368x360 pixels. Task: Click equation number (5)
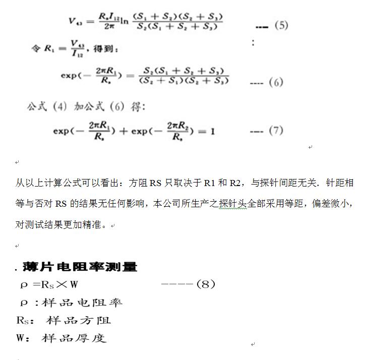[281, 25]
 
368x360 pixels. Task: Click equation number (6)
[276, 82]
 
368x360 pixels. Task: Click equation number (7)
[276, 130]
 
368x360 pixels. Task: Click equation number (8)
[205, 284]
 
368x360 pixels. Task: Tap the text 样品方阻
[78, 320]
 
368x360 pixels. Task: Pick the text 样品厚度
[74, 338]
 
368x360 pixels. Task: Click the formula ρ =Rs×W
[49, 284]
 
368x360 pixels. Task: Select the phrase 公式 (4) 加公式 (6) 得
[86, 107]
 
